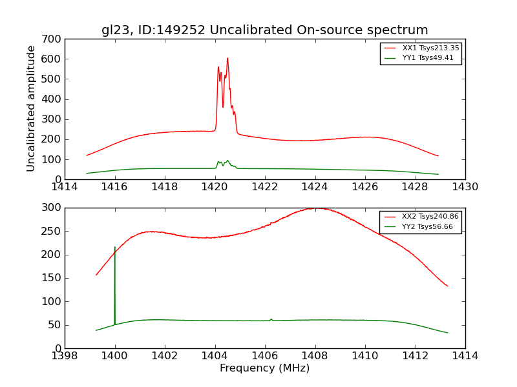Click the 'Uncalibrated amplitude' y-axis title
point(32,108)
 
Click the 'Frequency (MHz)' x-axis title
point(264,368)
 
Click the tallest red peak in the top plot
point(227,59)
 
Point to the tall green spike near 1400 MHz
point(115,248)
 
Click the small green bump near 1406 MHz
point(271,319)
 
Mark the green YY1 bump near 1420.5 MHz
point(227,161)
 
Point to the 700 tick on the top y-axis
point(54,39)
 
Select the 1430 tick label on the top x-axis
point(465,187)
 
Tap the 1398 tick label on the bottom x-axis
point(65,356)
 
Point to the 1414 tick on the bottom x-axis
point(465,356)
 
